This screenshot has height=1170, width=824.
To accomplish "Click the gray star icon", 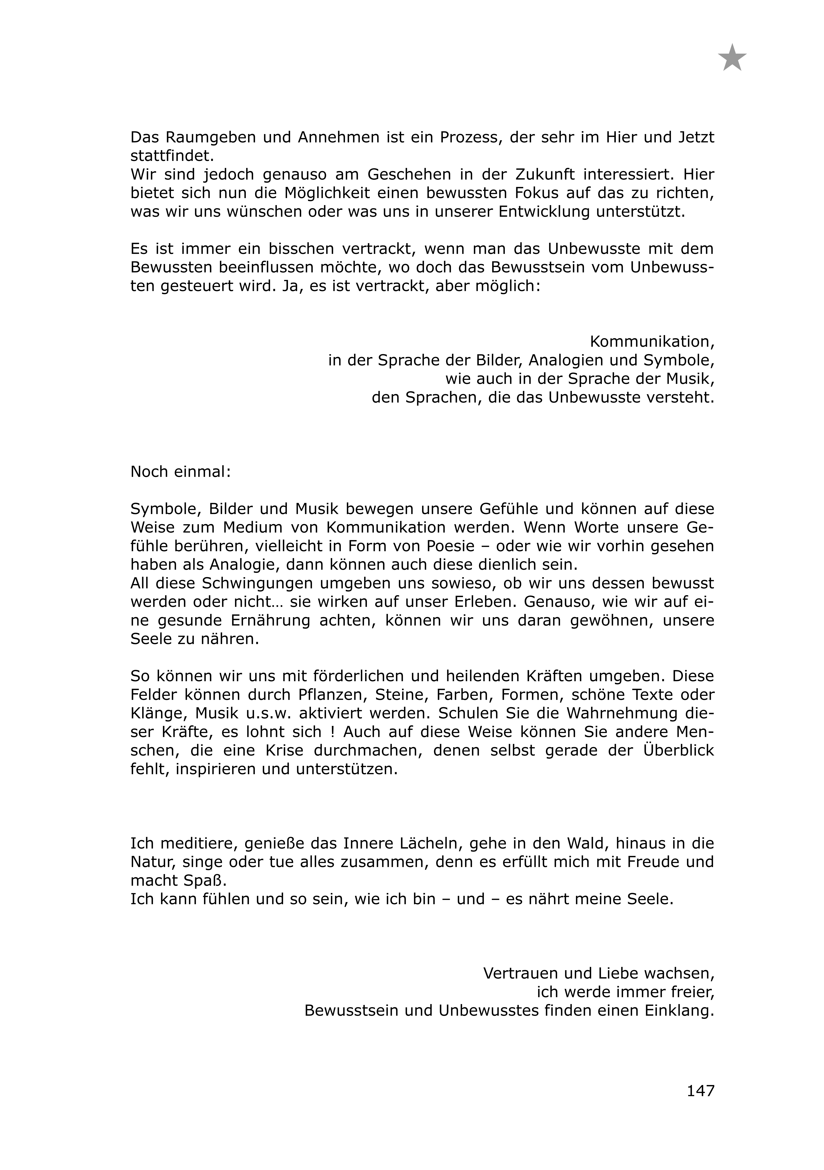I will (x=732, y=58).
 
